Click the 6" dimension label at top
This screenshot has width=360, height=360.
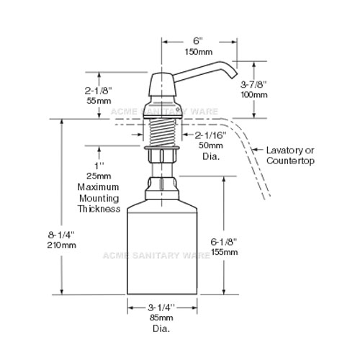click(x=198, y=41)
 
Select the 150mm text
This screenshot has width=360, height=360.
click(x=199, y=52)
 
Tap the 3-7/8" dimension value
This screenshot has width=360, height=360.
click(x=253, y=84)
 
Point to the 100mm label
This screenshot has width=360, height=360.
click(x=254, y=95)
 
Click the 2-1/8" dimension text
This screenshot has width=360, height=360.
click(x=98, y=91)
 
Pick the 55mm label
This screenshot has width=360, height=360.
click(x=99, y=101)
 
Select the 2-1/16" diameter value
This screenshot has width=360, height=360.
click(x=210, y=135)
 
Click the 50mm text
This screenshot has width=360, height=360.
click(x=210, y=145)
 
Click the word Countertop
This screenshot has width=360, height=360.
click(x=290, y=161)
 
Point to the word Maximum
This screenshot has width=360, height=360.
click(x=98, y=187)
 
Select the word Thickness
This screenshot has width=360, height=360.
click(x=99, y=209)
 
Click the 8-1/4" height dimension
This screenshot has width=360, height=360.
click(x=61, y=235)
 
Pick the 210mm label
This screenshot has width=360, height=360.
click(x=61, y=245)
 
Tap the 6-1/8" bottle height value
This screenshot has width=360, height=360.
click(x=224, y=242)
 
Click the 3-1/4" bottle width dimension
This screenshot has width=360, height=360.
click(x=161, y=307)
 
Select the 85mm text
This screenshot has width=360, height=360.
click(x=161, y=318)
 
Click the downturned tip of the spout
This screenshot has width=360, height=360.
click(x=234, y=76)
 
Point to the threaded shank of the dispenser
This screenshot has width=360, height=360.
click(x=162, y=132)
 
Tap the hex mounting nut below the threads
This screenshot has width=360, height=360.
click(x=161, y=155)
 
